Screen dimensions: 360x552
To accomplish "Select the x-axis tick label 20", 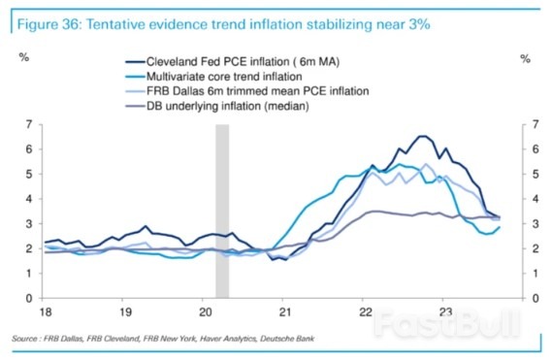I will [203, 314].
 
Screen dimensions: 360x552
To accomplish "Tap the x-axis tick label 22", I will [363, 314].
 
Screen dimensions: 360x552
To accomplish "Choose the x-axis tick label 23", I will [442, 314].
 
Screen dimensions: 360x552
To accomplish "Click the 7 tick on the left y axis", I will [29, 124].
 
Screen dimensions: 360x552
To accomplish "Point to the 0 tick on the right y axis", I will [525, 298].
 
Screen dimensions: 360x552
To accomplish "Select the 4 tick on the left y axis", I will [29, 199].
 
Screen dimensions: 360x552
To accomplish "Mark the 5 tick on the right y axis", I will [525, 174].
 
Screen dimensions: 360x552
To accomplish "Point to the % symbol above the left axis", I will [26, 58].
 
